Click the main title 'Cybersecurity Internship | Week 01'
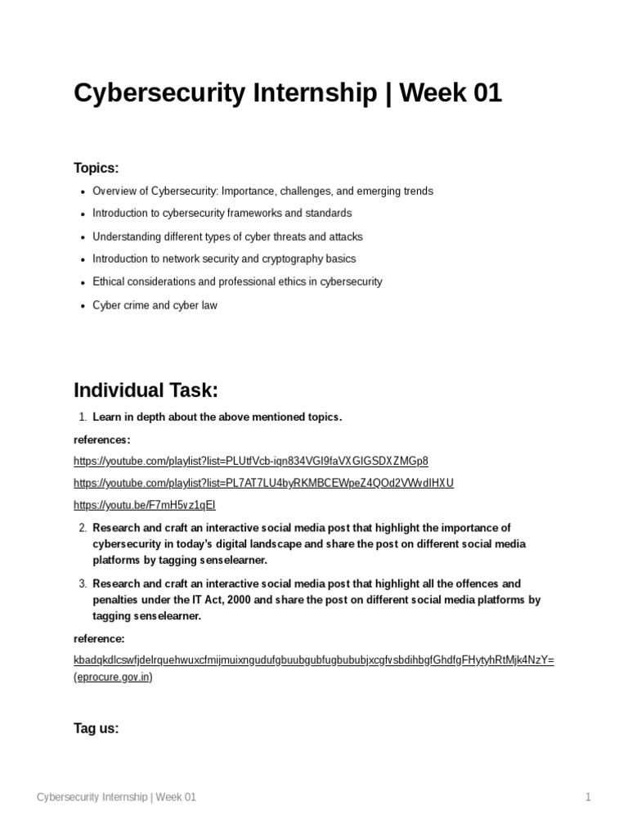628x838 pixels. coord(287,94)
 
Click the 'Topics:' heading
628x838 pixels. coord(96,168)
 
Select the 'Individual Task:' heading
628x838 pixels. coord(146,389)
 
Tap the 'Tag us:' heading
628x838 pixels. coord(96,728)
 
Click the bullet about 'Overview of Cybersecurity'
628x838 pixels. coord(262,191)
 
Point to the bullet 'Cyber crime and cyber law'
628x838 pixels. coord(155,305)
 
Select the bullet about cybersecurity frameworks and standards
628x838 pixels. coord(222,214)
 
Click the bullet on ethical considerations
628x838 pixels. coord(237,282)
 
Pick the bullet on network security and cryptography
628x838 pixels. coord(224,259)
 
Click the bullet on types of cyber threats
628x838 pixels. coord(227,237)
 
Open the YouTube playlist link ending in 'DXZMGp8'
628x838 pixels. coord(250,460)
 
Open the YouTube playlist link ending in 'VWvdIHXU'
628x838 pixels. coord(263,483)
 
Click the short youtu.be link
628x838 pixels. coord(145,505)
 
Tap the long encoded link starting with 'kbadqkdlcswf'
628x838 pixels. coord(314,660)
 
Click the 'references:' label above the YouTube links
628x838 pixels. coord(101,439)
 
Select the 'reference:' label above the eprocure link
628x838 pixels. coord(99,638)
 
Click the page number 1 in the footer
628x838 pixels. coord(587,797)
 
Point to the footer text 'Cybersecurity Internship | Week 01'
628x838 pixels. coord(117,797)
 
